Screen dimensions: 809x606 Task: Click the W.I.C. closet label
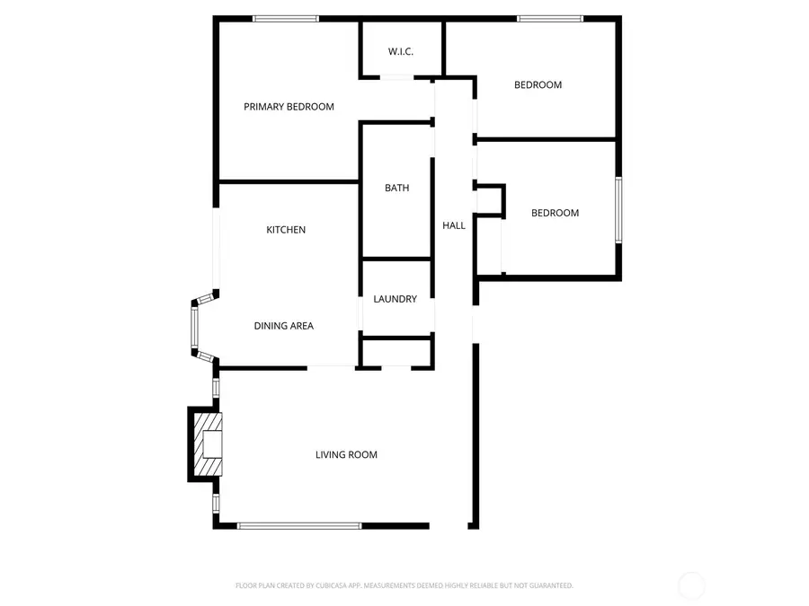[400, 51]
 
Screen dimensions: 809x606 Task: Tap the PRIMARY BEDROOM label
[289, 107]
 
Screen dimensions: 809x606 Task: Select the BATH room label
[396, 189]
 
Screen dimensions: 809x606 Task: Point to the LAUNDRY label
[396, 299]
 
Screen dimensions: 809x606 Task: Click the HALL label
[454, 225]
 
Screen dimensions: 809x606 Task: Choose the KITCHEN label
[286, 230]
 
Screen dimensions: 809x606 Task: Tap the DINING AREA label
[284, 326]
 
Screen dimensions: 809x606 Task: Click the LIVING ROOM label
[346, 454]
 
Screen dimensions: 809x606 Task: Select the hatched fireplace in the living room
[208, 444]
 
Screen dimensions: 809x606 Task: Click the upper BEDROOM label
[538, 85]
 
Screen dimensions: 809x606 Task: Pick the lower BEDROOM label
[556, 213]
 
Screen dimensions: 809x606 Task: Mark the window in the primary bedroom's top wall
[286, 19]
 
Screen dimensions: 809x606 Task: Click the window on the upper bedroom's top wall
[550, 19]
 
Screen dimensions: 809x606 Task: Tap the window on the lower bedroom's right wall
[618, 210]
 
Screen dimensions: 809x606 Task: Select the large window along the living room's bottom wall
[299, 526]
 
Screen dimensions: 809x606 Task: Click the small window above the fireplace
[216, 388]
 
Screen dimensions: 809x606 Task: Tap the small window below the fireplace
[216, 503]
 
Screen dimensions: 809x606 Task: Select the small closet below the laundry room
[396, 353]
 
